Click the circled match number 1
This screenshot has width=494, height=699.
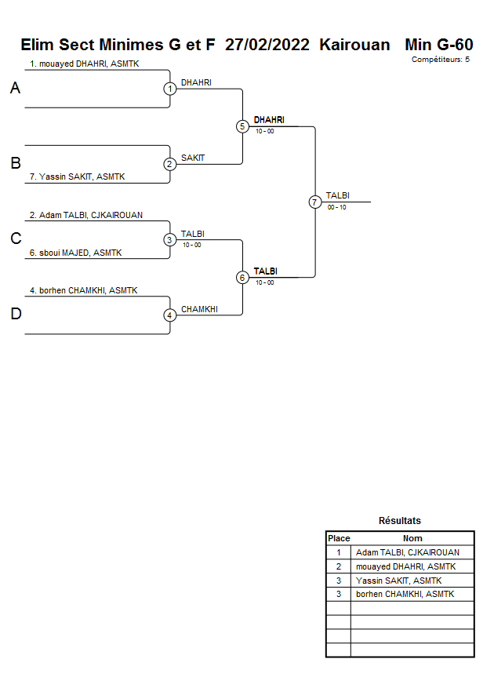click(170, 89)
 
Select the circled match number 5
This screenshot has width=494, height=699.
click(242, 126)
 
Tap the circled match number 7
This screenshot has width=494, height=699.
click(315, 202)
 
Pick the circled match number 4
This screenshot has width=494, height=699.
click(170, 315)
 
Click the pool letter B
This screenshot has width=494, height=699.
click(15, 164)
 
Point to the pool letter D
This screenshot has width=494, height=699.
click(15, 315)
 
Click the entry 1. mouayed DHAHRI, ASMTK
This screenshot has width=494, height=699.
click(84, 64)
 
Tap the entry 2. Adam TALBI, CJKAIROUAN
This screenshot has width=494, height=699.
click(86, 215)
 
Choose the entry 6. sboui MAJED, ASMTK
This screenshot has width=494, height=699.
click(75, 253)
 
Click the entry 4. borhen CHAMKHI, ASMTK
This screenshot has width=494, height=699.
click(83, 290)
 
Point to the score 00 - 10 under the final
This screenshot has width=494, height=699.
click(337, 207)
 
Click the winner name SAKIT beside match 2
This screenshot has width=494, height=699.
click(193, 158)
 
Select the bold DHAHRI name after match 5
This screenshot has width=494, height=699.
click(269, 120)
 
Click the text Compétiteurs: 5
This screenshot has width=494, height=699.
click(441, 59)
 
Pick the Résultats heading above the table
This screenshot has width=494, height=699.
click(400, 521)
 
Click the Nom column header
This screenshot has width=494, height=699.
click(412, 538)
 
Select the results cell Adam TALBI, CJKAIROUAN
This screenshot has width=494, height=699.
click(408, 552)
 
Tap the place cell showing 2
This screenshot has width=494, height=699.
click(339, 566)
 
